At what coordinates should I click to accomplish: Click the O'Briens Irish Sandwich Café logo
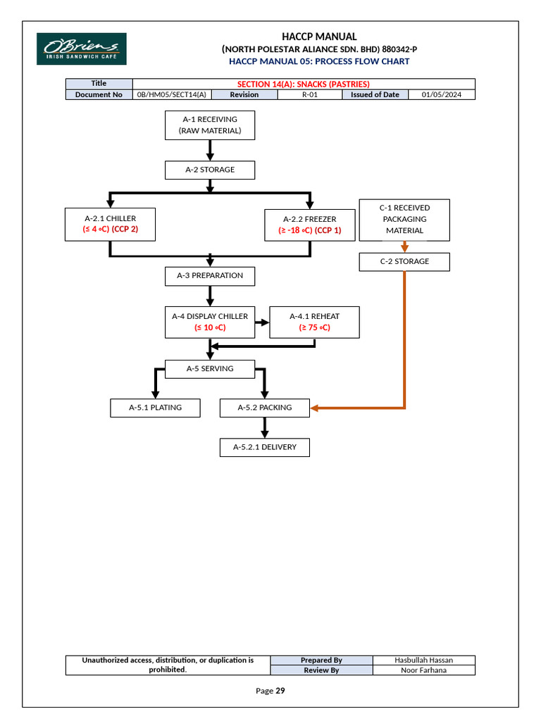pyautogui.click(x=82, y=49)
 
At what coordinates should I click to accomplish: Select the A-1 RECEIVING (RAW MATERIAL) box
pyautogui.click(x=210, y=125)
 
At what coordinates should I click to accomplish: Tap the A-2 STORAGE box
pyautogui.click(x=210, y=170)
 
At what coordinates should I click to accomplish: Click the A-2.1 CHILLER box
pyautogui.click(x=110, y=224)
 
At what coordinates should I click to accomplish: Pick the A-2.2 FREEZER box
pyautogui.click(x=309, y=225)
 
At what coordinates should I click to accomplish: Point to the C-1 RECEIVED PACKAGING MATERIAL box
pyautogui.click(x=404, y=219)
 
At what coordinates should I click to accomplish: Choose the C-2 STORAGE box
pyautogui.click(x=404, y=261)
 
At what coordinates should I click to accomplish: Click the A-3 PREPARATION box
pyautogui.click(x=210, y=275)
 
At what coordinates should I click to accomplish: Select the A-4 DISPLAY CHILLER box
pyautogui.click(x=210, y=322)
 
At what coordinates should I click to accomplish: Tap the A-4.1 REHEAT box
pyautogui.click(x=314, y=322)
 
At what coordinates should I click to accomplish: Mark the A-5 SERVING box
pyautogui.click(x=210, y=368)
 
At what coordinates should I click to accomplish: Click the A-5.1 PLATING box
pyautogui.click(x=155, y=408)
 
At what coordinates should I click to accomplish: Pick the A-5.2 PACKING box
pyautogui.click(x=265, y=408)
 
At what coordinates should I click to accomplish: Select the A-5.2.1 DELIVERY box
pyautogui.click(x=265, y=447)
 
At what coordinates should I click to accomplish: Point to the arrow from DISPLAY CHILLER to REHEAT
pyautogui.click(x=261, y=322)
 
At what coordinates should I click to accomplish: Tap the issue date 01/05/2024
pyautogui.click(x=442, y=94)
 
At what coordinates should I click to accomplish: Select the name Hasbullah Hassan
pyautogui.click(x=423, y=660)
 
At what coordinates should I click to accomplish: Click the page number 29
pyautogui.click(x=280, y=691)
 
